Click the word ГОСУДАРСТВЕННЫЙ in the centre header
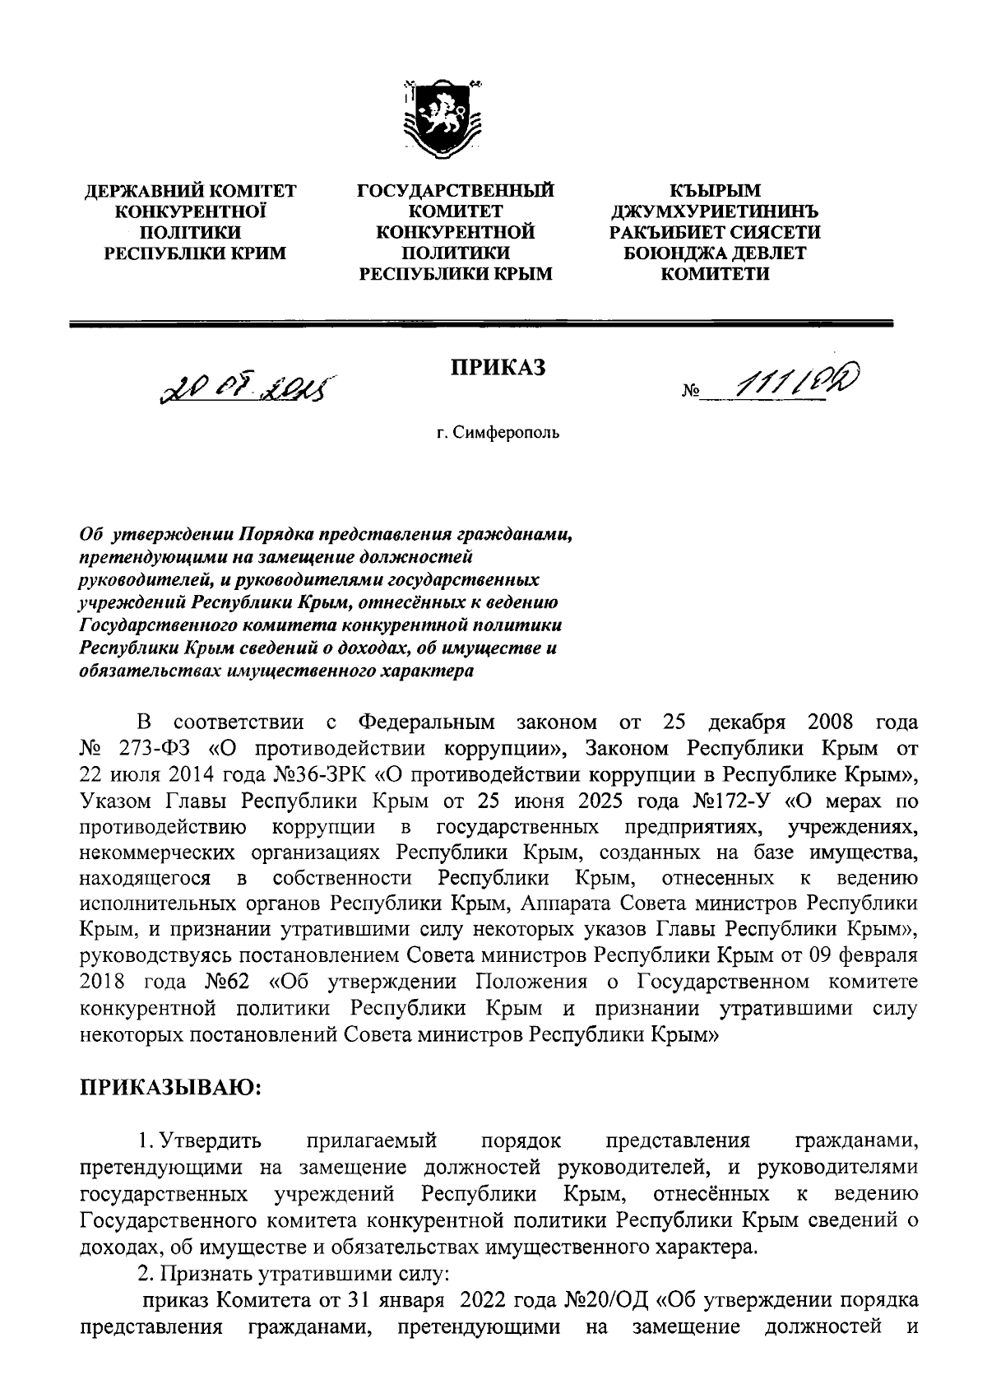pyautogui.click(x=455, y=193)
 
